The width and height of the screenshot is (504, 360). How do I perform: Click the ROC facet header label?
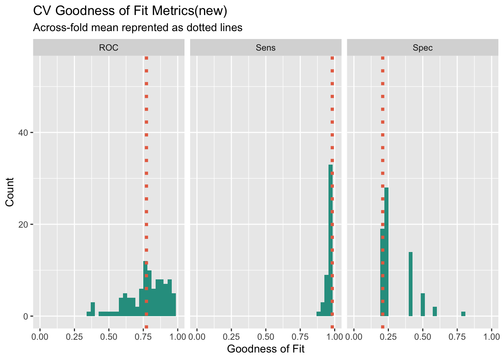[x=109, y=48]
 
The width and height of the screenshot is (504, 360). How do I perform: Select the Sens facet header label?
[x=265, y=48]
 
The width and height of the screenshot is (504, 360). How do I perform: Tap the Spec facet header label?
[x=423, y=48]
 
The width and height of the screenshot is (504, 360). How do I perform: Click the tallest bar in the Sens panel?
[x=331, y=240]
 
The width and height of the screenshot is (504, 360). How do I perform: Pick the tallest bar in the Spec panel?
[x=386, y=251]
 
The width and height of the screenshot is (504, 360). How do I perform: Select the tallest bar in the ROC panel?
[x=145, y=289]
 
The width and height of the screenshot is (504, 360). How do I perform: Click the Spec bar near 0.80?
[x=463, y=314]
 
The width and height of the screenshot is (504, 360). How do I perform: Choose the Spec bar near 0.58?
[x=435, y=312]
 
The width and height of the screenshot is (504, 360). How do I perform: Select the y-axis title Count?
[x=10, y=192]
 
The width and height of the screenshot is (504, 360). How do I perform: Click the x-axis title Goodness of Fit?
[x=265, y=349]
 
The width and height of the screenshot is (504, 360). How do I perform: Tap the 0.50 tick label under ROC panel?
[x=109, y=337]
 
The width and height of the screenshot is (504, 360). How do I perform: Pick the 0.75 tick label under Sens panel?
[x=300, y=337]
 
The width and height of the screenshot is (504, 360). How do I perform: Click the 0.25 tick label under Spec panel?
[x=388, y=337]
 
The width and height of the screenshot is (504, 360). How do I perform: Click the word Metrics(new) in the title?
[x=190, y=11]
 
